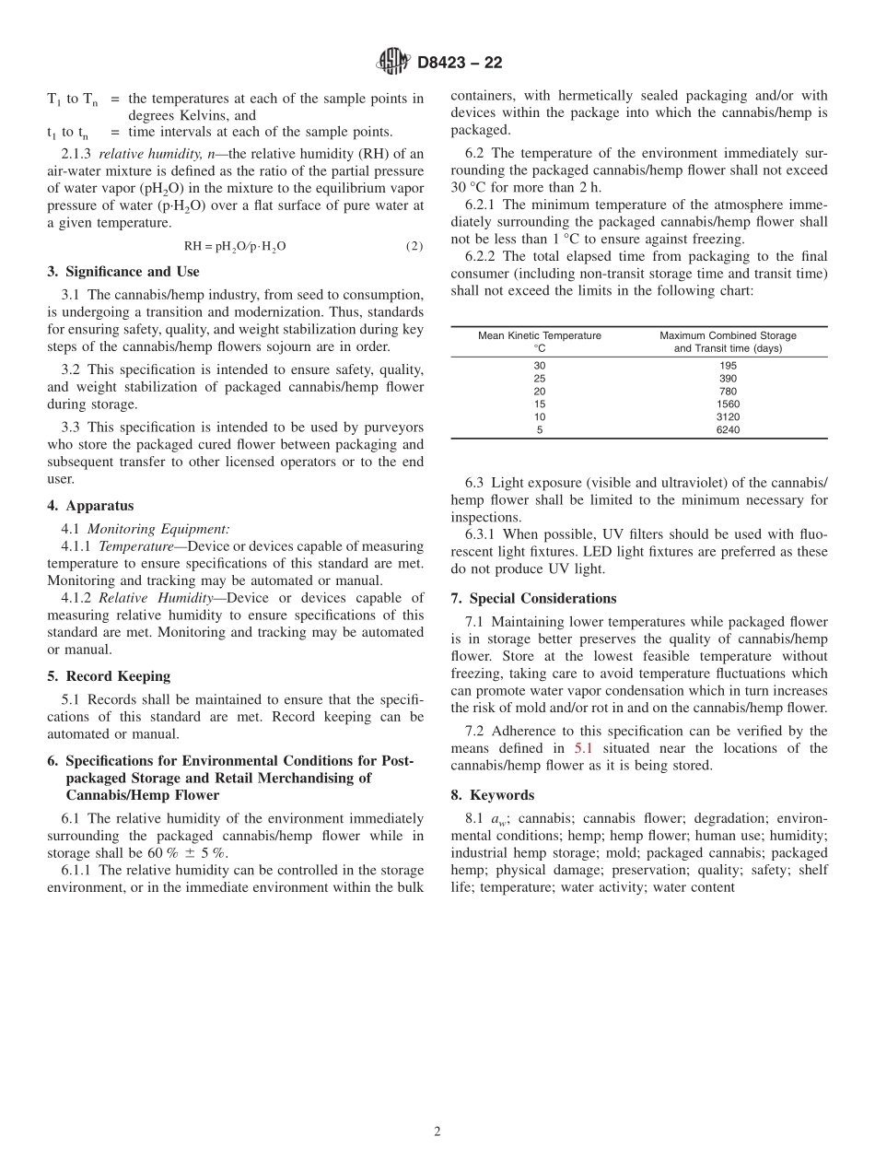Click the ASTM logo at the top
pyautogui.click(x=393, y=63)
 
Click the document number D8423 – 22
pyautogui.click(x=460, y=64)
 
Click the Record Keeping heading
pyautogui.click(x=109, y=676)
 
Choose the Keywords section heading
pyautogui.click(x=493, y=795)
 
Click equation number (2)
pyautogui.click(x=414, y=247)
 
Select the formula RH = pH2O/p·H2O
pyautogui.click(x=235, y=247)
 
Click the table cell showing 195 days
pyautogui.click(x=728, y=366)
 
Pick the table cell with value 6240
pyautogui.click(x=728, y=430)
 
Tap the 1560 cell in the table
pyautogui.click(x=728, y=404)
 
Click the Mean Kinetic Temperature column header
pyautogui.click(x=540, y=342)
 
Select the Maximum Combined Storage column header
pyautogui.click(x=728, y=342)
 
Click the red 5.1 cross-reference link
pyautogui.click(x=583, y=748)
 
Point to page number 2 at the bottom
pyautogui.click(x=437, y=1132)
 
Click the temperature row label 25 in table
pyautogui.click(x=540, y=379)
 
